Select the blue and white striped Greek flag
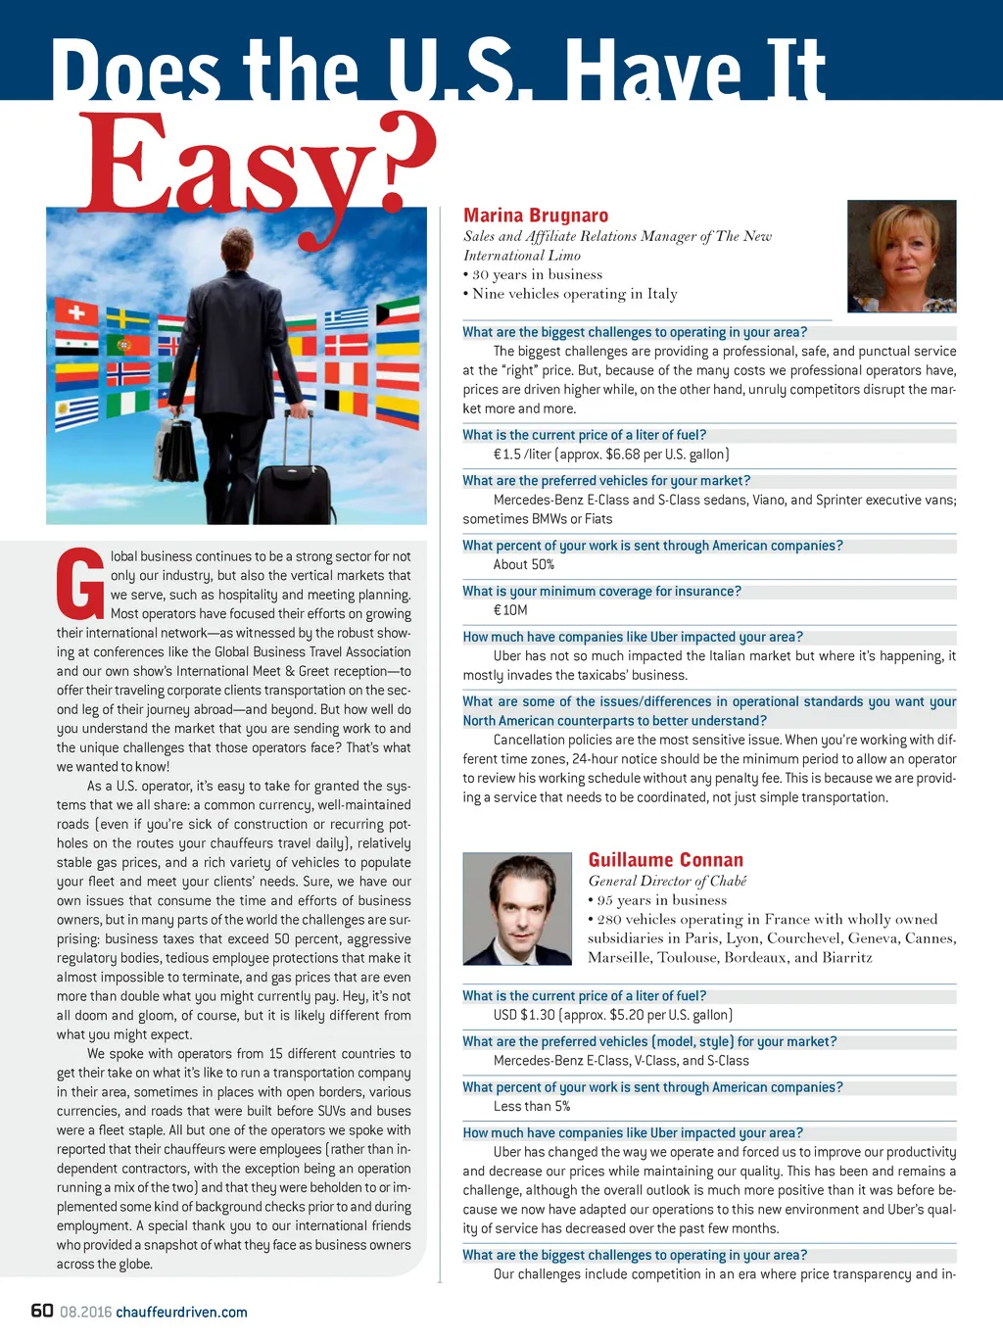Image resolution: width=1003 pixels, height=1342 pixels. coord(346,316)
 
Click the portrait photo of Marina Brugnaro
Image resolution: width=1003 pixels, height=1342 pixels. coord(901,257)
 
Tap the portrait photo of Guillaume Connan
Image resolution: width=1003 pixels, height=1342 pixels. coord(516,908)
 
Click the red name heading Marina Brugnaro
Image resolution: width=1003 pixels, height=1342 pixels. coord(536,216)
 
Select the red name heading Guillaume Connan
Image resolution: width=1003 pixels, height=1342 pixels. coord(666,860)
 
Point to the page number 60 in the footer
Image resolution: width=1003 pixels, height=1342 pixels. coord(42,1311)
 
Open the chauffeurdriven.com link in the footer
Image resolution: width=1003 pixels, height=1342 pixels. coord(181,1312)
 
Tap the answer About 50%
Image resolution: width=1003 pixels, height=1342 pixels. coord(523,564)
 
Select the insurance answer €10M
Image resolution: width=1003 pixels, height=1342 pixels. coord(509,609)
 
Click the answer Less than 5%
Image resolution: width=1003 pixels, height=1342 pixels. coord(531,1106)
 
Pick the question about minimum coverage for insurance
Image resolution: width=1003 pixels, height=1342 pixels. coord(601,591)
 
